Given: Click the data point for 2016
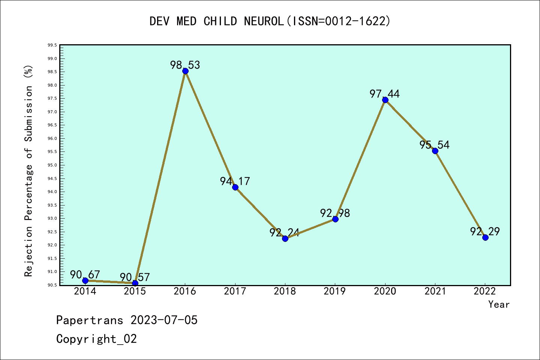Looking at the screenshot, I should [x=185, y=71].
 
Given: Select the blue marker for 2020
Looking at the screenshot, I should [x=385, y=100].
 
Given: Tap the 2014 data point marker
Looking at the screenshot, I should [x=85, y=280].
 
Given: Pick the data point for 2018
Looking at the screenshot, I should [x=285, y=238].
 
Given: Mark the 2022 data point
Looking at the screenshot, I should [x=485, y=237].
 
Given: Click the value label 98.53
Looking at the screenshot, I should [x=185, y=65].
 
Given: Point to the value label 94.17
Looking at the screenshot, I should [x=235, y=181].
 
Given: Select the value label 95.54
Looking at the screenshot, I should [x=434, y=145].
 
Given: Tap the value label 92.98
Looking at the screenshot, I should [x=335, y=213].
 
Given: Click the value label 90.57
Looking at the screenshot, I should [x=135, y=277].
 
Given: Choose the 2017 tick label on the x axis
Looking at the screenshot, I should [x=235, y=291].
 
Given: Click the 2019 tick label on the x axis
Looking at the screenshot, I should [x=335, y=291].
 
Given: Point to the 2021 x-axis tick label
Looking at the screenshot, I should [x=435, y=291].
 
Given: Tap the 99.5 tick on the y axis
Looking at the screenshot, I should [x=52, y=45].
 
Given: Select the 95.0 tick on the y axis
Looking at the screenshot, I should [x=52, y=165].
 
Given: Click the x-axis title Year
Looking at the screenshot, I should [x=499, y=304].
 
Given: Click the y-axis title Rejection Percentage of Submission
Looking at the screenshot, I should [x=28, y=171].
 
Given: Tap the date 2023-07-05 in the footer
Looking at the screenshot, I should [x=164, y=320].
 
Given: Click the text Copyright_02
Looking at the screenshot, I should [x=96, y=339].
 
